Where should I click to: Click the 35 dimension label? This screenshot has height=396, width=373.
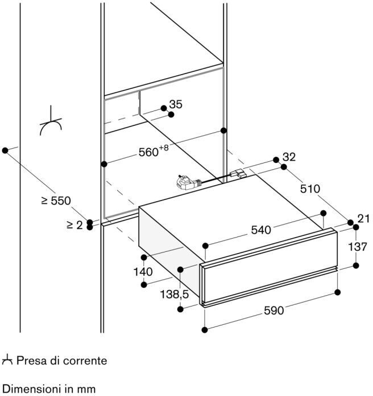176,104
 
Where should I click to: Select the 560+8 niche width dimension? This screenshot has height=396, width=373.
154,151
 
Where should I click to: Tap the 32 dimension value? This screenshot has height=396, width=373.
289,157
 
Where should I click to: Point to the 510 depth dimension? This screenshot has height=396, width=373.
310,189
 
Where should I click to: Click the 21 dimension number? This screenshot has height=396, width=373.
363,219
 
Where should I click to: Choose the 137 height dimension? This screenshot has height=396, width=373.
358,247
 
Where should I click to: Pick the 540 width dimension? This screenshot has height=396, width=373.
261,230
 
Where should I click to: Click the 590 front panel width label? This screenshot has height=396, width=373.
274,311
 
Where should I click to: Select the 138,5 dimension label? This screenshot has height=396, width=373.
175,294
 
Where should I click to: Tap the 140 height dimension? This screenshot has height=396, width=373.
143,272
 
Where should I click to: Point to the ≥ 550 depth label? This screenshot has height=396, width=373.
56,201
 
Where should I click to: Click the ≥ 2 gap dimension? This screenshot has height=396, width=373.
74,224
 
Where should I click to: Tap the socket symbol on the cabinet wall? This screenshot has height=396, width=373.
51,121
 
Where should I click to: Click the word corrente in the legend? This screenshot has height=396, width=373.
85,361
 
